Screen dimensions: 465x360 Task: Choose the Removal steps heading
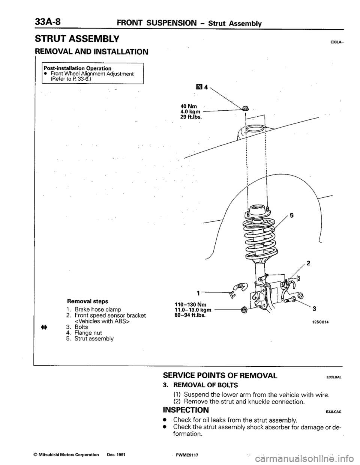pyautogui.click(x=87, y=301)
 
